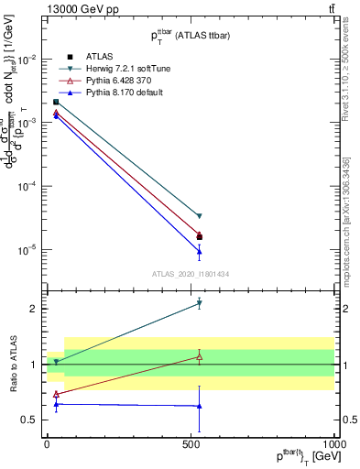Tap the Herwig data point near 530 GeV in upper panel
199,216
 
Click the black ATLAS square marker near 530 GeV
199,237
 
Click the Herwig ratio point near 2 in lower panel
199,303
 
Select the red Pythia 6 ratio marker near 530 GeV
199,356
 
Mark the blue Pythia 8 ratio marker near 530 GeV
199,406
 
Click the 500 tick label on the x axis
191,442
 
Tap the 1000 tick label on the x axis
332,442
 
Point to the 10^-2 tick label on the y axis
28,60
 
